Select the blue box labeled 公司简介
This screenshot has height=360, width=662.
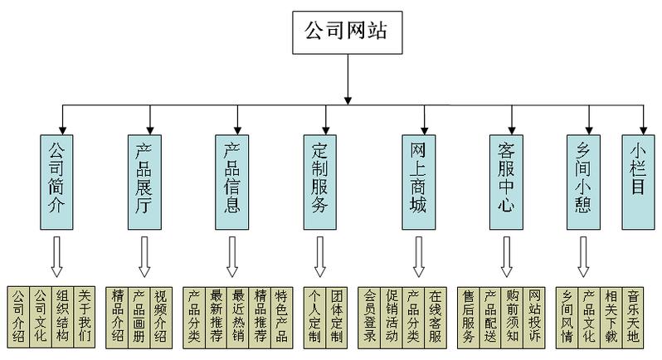(55, 180)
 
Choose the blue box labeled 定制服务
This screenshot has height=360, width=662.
(321, 180)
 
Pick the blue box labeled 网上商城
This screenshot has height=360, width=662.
(417, 180)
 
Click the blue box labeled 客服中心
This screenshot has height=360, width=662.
(506, 180)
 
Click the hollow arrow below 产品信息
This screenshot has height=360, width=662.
(231, 257)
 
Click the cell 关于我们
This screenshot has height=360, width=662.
(85, 317)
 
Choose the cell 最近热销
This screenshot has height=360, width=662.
(239, 317)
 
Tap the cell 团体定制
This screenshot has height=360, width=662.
(336, 317)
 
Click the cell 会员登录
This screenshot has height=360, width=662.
(370, 317)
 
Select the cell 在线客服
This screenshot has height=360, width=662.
(436, 317)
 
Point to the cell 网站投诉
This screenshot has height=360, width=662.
(535, 317)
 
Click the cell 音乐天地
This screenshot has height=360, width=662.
(635, 317)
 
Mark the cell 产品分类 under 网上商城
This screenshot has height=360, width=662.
(413, 317)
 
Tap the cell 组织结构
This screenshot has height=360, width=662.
(62, 317)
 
